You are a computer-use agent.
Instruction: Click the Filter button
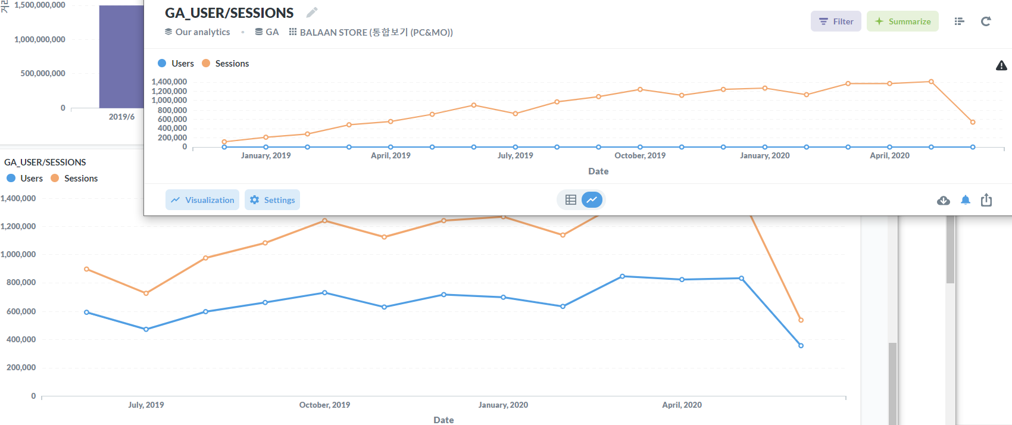(836, 21)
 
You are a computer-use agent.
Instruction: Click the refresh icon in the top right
(986, 21)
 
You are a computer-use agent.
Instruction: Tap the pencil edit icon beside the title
(312, 12)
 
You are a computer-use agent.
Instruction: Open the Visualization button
(202, 200)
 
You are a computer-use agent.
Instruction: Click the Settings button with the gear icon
(272, 200)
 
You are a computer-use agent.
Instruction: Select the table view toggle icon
(570, 200)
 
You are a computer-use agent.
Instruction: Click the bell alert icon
(966, 200)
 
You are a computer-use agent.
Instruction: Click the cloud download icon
(944, 201)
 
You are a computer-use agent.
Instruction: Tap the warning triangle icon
(1001, 65)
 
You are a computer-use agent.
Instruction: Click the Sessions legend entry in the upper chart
(226, 64)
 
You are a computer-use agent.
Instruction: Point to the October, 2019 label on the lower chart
(324, 405)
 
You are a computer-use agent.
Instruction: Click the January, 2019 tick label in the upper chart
(266, 155)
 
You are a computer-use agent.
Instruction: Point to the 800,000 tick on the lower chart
(21, 282)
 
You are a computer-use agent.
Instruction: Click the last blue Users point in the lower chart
(801, 346)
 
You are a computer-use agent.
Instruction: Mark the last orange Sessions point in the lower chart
(801, 320)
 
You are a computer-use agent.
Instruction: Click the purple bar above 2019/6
(121, 57)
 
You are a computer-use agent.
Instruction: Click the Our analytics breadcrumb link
(198, 32)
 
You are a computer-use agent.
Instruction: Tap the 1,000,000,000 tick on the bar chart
(39, 39)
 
